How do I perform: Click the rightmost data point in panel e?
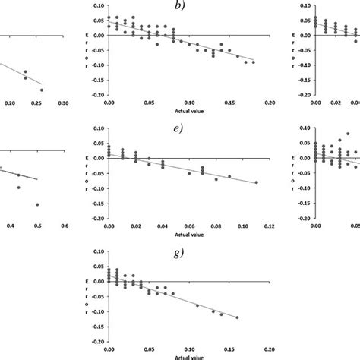pyautogui.click(x=256, y=182)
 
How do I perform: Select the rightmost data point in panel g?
pyautogui.click(x=238, y=317)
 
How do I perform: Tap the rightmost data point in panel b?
pyautogui.click(x=254, y=62)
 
